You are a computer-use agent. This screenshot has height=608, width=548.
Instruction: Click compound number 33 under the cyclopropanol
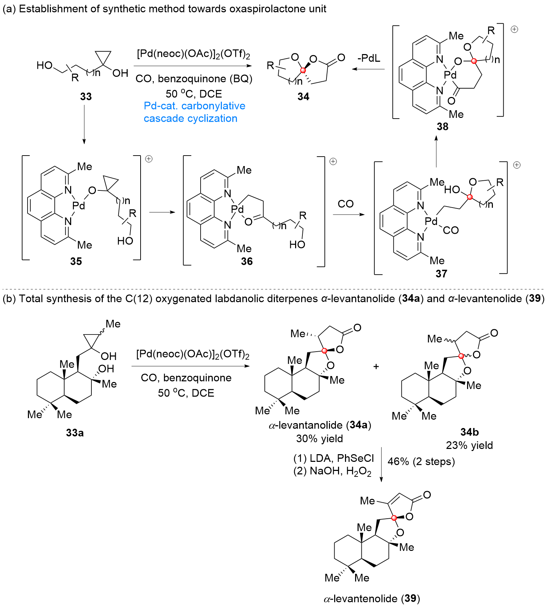pyautogui.click(x=86, y=96)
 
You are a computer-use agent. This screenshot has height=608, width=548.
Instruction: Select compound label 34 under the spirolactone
pyautogui.click(x=303, y=96)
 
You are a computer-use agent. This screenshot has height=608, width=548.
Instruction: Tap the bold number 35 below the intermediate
pyautogui.click(x=76, y=261)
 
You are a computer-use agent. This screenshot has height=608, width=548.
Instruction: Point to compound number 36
pyautogui.click(x=247, y=261)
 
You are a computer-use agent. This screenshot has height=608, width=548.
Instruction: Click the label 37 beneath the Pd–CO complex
pyautogui.click(x=441, y=273)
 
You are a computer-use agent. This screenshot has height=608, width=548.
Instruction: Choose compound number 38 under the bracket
pyautogui.click(x=442, y=126)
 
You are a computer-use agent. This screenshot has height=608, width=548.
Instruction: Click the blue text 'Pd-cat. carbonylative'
pyautogui.click(x=194, y=106)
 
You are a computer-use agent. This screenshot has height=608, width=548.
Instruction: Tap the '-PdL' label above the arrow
pyautogui.click(x=369, y=58)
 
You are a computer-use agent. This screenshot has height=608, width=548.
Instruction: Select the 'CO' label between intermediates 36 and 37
pyautogui.click(x=345, y=204)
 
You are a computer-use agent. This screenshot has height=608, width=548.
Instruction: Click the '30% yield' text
pyautogui.click(x=319, y=438)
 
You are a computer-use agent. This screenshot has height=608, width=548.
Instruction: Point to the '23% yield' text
pyautogui.click(x=469, y=445)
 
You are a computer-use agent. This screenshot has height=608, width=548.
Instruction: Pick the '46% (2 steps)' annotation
pyautogui.click(x=421, y=461)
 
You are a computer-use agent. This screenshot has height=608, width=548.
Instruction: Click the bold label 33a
pyautogui.click(x=75, y=433)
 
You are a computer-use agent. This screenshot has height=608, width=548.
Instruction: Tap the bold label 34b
pyautogui.click(x=469, y=432)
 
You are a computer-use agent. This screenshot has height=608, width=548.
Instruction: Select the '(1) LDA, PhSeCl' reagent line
pyautogui.click(x=333, y=458)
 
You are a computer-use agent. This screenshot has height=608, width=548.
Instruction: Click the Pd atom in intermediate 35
pyautogui.click(x=79, y=205)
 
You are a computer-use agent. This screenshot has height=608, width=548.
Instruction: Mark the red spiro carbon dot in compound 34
pyautogui.click(x=303, y=70)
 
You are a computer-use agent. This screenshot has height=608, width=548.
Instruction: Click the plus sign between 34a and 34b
pyautogui.click(x=376, y=367)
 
